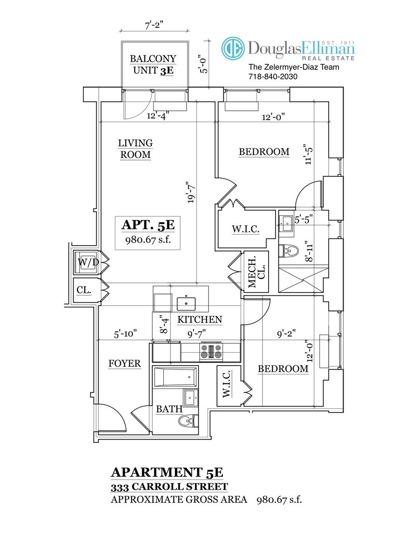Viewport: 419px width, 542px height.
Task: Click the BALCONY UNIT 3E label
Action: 153,65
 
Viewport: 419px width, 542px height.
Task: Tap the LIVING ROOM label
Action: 135,149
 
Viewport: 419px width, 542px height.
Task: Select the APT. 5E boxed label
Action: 148,231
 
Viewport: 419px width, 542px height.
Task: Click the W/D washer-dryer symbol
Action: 88,263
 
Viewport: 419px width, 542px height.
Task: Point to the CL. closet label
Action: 84,290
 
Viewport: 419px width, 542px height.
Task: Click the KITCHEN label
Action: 199,320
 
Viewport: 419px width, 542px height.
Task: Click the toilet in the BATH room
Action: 186,421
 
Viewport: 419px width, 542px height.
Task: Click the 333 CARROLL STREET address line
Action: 169,487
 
